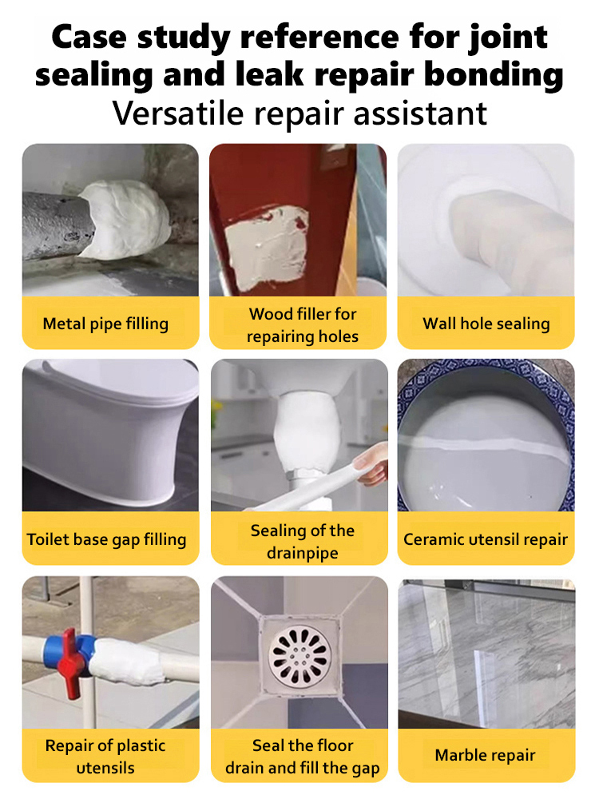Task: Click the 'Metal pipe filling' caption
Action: (105, 324)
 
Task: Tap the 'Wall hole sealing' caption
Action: (486, 324)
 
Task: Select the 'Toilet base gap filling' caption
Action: (106, 539)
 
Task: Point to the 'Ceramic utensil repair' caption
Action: (486, 539)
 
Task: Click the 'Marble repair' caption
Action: (486, 755)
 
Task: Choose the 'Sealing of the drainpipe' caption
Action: (302, 541)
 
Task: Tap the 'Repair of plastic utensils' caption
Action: (105, 756)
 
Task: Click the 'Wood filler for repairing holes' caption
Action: (302, 324)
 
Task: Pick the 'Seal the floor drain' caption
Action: (302, 756)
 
